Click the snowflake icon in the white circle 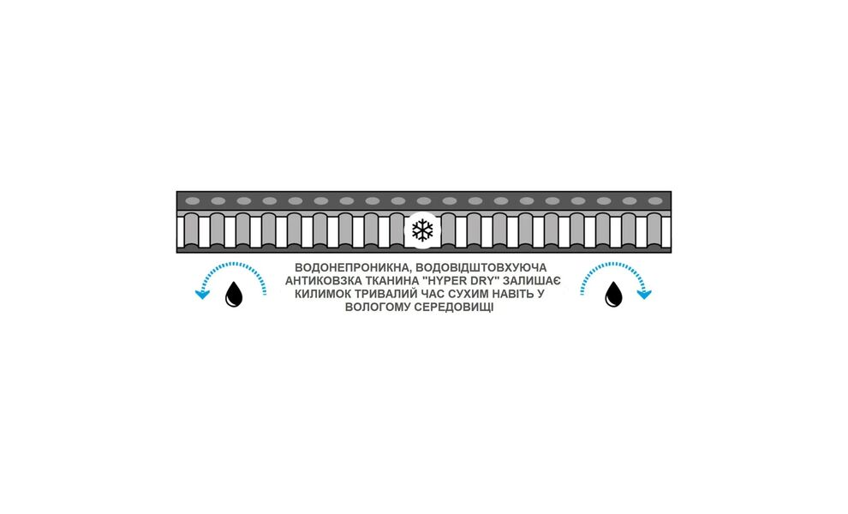tap(422, 230)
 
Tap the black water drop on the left tap(234, 294)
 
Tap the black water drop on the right tap(613, 294)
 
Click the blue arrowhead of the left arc tap(202, 295)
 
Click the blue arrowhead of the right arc tap(644, 295)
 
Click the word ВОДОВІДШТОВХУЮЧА tap(482, 268)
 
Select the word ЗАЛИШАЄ tap(532, 281)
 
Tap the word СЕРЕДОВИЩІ tap(454, 308)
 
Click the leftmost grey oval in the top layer tap(193, 201)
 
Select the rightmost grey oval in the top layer tap(655, 201)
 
